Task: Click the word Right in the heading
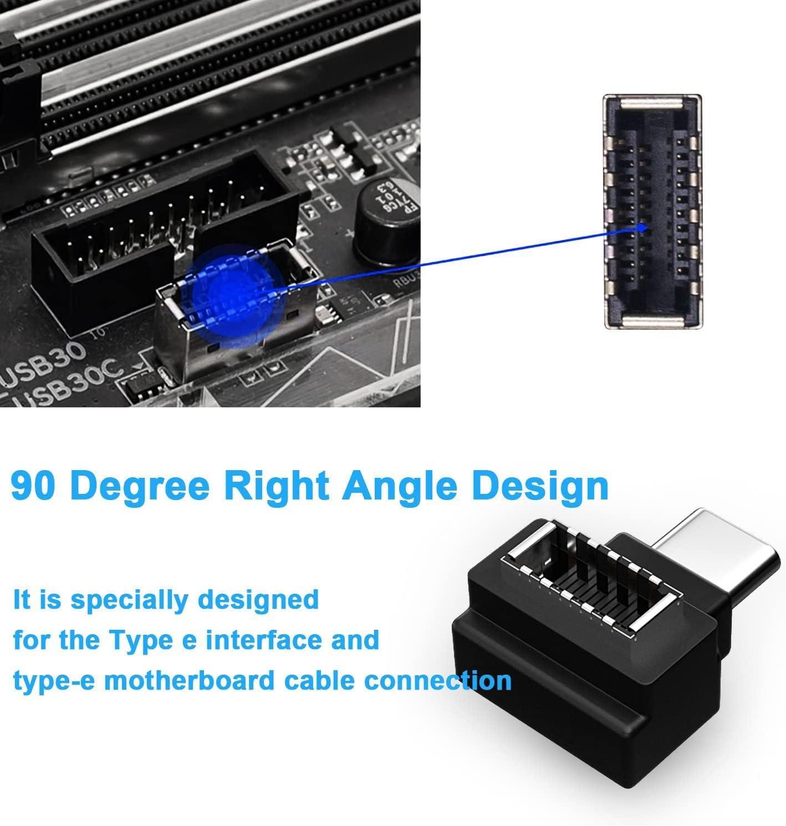click(x=279, y=486)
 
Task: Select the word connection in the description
click(x=438, y=681)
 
